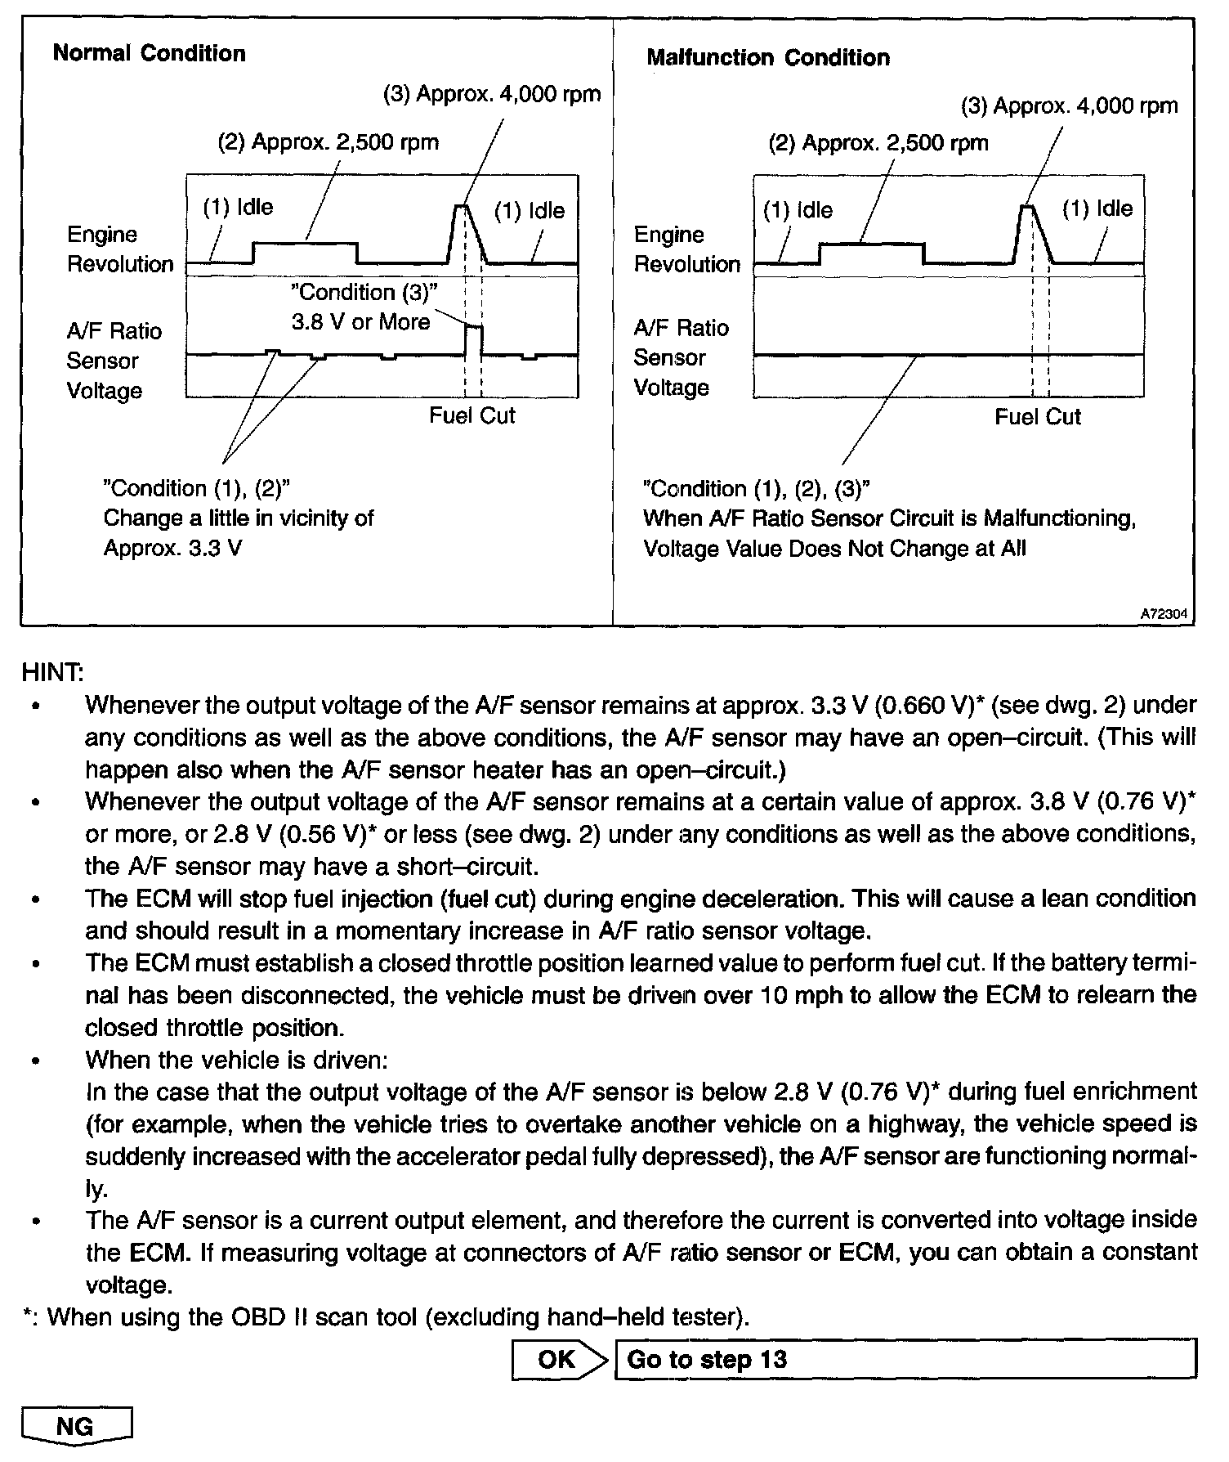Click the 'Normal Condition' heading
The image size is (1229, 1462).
[x=149, y=54]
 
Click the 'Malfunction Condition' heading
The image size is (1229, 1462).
[x=767, y=58]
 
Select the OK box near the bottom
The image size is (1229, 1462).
[x=556, y=1359]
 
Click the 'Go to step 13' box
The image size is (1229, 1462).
[x=905, y=1359]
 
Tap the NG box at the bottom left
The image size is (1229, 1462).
[x=76, y=1427]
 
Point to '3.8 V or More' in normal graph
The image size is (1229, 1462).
[x=360, y=322]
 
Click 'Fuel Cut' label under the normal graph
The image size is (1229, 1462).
[x=472, y=415]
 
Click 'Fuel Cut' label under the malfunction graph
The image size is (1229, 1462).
[x=1037, y=417]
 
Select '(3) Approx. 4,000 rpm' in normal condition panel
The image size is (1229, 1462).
[x=492, y=94]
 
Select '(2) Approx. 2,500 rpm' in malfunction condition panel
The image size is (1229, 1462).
[x=878, y=143]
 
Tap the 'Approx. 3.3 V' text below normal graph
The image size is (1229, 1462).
[x=172, y=548]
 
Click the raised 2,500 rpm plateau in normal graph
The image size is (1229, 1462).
[x=305, y=243]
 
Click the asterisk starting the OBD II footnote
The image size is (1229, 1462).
[x=28, y=1316]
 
